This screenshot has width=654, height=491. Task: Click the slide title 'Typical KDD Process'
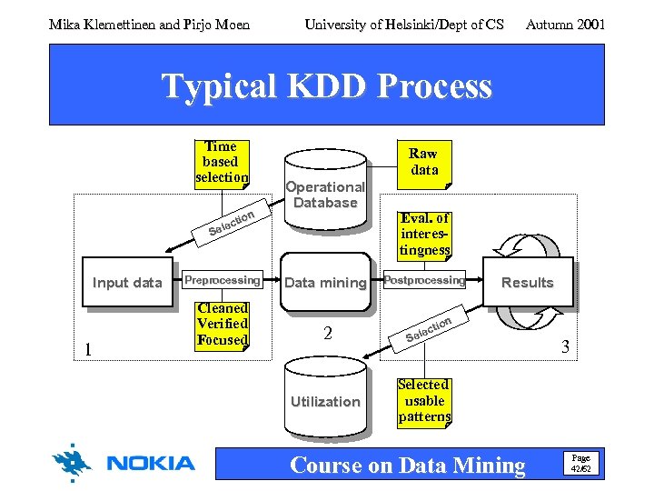326,86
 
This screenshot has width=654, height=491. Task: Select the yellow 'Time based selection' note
222,162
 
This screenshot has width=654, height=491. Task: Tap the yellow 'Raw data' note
423,162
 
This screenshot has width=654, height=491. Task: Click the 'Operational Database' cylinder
325,194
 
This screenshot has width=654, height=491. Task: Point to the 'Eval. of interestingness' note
424,234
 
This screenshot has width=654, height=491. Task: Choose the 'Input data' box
126,283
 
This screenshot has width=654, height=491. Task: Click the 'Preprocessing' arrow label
223,280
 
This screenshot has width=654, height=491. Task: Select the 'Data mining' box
325,283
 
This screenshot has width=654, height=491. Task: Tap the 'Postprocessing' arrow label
424,280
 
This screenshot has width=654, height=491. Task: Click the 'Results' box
528,282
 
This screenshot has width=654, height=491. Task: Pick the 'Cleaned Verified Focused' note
223,325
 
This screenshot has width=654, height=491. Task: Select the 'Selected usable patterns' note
424,401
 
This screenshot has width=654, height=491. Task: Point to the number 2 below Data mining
328,334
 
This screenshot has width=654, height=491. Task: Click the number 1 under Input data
87,349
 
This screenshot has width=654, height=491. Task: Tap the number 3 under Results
564,346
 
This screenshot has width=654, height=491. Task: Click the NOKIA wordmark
151,464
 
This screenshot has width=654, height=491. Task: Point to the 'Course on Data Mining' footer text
407,466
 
